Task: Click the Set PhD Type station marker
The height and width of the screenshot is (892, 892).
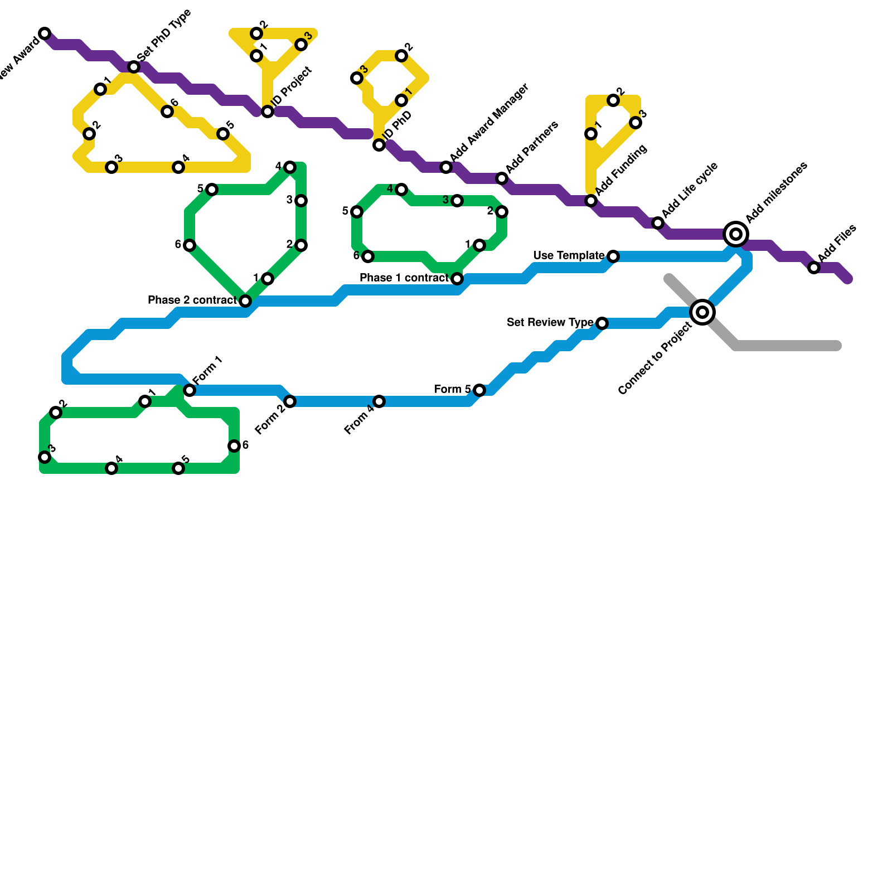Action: [134, 67]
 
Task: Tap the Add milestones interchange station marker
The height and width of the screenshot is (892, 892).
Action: [736, 234]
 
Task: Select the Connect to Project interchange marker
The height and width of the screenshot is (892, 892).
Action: [702, 312]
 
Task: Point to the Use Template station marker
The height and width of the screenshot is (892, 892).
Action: [613, 256]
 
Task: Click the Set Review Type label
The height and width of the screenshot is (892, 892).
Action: [550, 322]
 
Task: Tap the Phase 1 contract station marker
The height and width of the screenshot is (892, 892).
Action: [457, 279]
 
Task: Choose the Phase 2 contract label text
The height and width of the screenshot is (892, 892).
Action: [192, 300]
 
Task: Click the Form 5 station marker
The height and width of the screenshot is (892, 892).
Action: [479, 390]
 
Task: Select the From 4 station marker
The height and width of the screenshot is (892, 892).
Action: [379, 401]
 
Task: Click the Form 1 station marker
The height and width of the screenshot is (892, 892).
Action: [190, 390]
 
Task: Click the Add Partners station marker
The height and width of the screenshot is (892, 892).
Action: [502, 178]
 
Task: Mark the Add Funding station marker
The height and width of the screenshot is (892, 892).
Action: [591, 201]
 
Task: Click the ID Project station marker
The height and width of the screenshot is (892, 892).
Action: [268, 111]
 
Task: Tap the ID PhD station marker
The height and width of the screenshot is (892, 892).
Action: [379, 145]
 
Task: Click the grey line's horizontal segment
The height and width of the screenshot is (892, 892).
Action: [786, 346]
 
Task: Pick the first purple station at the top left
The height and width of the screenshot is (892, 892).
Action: [45, 33]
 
